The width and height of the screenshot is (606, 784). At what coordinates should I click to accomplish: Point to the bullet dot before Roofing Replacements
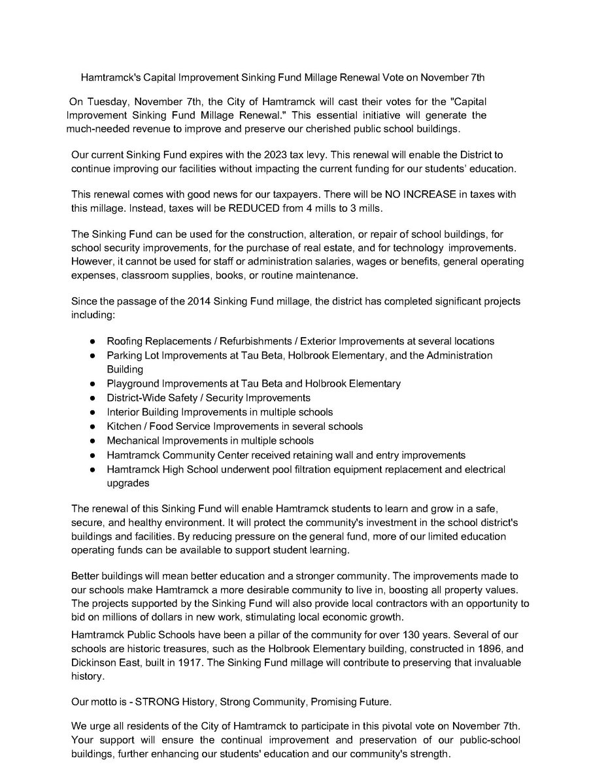[93, 341]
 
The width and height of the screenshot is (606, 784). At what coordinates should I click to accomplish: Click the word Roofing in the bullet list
[124, 341]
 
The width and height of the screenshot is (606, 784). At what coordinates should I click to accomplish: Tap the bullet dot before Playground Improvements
[93, 384]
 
